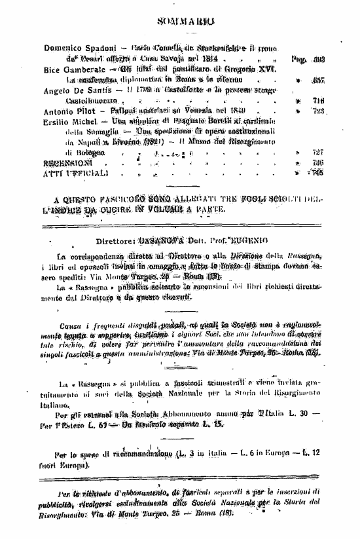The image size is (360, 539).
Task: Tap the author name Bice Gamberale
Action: [70, 69]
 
